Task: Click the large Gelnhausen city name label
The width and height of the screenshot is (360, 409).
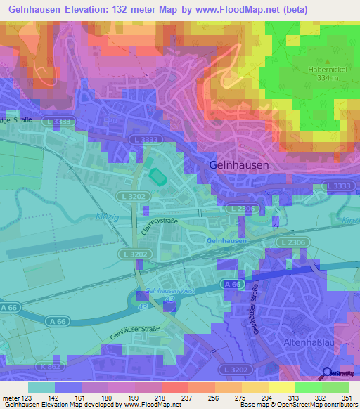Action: [x=238, y=164]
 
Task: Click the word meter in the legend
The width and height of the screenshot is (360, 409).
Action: [x=10, y=398]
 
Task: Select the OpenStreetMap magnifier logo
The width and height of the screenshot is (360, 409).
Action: [x=328, y=373]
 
